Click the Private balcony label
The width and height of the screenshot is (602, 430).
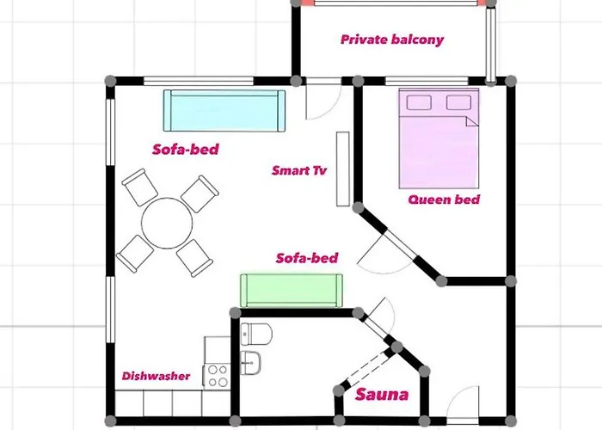click(x=391, y=40)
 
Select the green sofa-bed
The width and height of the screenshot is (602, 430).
click(x=291, y=289)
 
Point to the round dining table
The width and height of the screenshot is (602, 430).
click(x=167, y=221)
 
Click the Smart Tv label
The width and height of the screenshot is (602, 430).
click(x=299, y=170)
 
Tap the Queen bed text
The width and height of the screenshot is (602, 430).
click(x=443, y=200)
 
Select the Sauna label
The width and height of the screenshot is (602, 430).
click(x=382, y=396)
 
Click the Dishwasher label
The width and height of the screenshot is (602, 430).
click(x=156, y=376)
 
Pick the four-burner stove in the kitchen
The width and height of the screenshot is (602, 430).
click(x=217, y=375)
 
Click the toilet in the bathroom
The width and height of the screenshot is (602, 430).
click(x=256, y=332)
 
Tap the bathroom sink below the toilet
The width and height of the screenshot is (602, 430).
click(x=252, y=362)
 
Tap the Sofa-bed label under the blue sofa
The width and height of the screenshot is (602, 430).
click(x=185, y=149)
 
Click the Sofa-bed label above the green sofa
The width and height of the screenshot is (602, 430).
click(x=306, y=258)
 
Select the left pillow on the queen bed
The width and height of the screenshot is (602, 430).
click(x=420, y=103)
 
